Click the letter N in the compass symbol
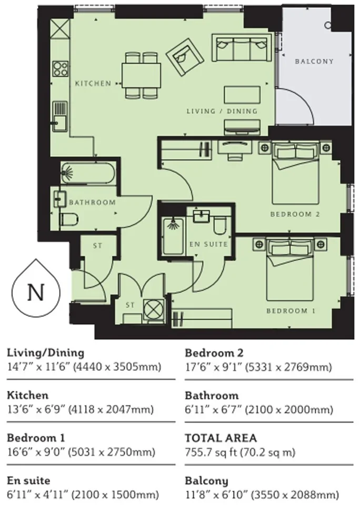pyautogui.click(x=36, y=292)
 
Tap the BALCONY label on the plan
pyautogui.click(x=314, y=61)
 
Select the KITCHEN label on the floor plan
pyautogui.click(x=93, y=84)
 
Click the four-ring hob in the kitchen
pyautogui.click(x=61, y=68)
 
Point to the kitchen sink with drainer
pyautogui.click(x=61, y=116)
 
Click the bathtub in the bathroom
pyautogui.click(x=88, y=173)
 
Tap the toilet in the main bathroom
pyautogui.click(x=69, y=220)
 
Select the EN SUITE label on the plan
pyautogui.click(x=208, y=244)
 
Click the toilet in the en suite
pyautogui.click(x=221, y=224)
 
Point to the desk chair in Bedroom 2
pyautogui.click(x=235, y=156)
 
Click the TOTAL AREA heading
pyautogui.click(x=221, y=438)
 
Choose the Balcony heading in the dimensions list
pyautogui.click(x=207, y=481)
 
